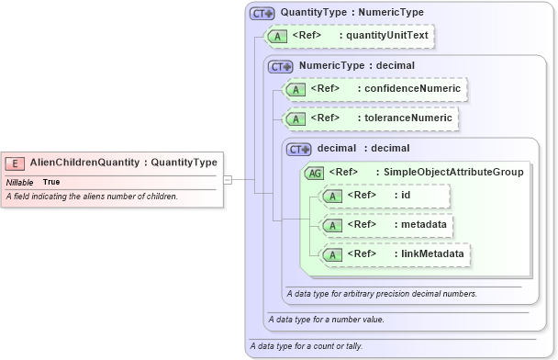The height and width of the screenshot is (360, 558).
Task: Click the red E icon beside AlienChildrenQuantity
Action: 16,163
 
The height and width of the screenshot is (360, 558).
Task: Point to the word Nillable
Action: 20,182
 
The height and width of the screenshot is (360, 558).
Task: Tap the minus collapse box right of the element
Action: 229,180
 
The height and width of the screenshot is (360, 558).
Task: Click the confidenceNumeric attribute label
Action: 411,89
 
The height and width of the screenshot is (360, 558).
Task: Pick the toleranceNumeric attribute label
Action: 407,118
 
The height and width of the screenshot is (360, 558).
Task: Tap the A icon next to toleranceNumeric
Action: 296,118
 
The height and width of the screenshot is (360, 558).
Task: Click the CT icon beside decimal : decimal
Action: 299,149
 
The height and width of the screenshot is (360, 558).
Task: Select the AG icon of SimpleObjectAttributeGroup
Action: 315,172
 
